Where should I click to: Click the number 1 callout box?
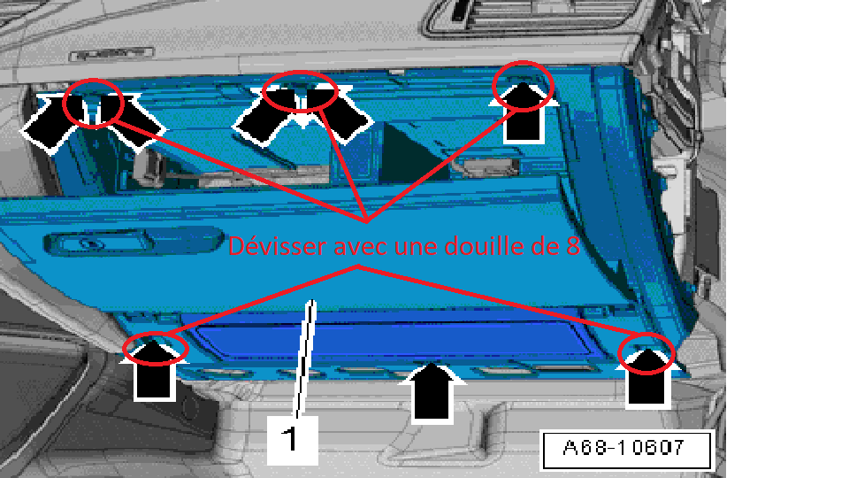click(x=292, y=440)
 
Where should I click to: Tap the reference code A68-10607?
click(x=626, y=450)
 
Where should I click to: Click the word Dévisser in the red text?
click(x=277, y=246)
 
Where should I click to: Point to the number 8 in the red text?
click(x=573, y=247)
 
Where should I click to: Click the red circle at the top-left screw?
click(x=93, y=103)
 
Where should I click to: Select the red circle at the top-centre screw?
click(x=301, y=92)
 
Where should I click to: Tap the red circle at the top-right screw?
click(x=523, y=86)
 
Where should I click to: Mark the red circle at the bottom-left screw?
click(x=156, y=349)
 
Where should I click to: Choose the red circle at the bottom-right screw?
click(x=646, y=354)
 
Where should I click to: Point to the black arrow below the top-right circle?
click(x=524, y=113)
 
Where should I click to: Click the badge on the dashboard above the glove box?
click(x=111, y=54)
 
